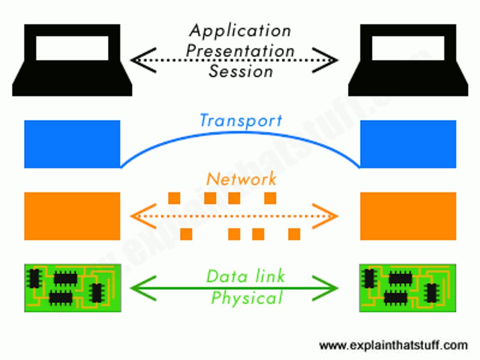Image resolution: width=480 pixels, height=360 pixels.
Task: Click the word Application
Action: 240,31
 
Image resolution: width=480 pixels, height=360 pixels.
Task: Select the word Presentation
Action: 240,51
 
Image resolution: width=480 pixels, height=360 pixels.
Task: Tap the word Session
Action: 240,72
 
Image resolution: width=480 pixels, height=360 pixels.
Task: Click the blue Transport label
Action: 240,120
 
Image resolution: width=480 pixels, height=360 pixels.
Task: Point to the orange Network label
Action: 241,179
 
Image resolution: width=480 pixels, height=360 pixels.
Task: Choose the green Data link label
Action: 245,276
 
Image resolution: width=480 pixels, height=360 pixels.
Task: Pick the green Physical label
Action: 247,298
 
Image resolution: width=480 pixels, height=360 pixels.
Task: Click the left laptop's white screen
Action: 72,48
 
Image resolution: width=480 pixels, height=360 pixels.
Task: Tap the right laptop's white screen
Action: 408,48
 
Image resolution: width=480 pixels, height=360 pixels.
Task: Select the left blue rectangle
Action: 72,144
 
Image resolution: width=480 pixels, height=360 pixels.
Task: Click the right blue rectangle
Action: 408,144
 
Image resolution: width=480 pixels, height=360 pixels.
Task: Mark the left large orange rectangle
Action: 72,216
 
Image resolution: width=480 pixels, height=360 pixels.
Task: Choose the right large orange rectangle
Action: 408,216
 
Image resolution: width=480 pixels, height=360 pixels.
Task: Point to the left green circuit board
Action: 72,287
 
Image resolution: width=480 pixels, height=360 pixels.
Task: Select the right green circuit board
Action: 407,287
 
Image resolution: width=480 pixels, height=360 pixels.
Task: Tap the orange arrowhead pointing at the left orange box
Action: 138,216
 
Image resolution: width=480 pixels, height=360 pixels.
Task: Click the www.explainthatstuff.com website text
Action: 393,346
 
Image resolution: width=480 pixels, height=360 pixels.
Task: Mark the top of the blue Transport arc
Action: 240,133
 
